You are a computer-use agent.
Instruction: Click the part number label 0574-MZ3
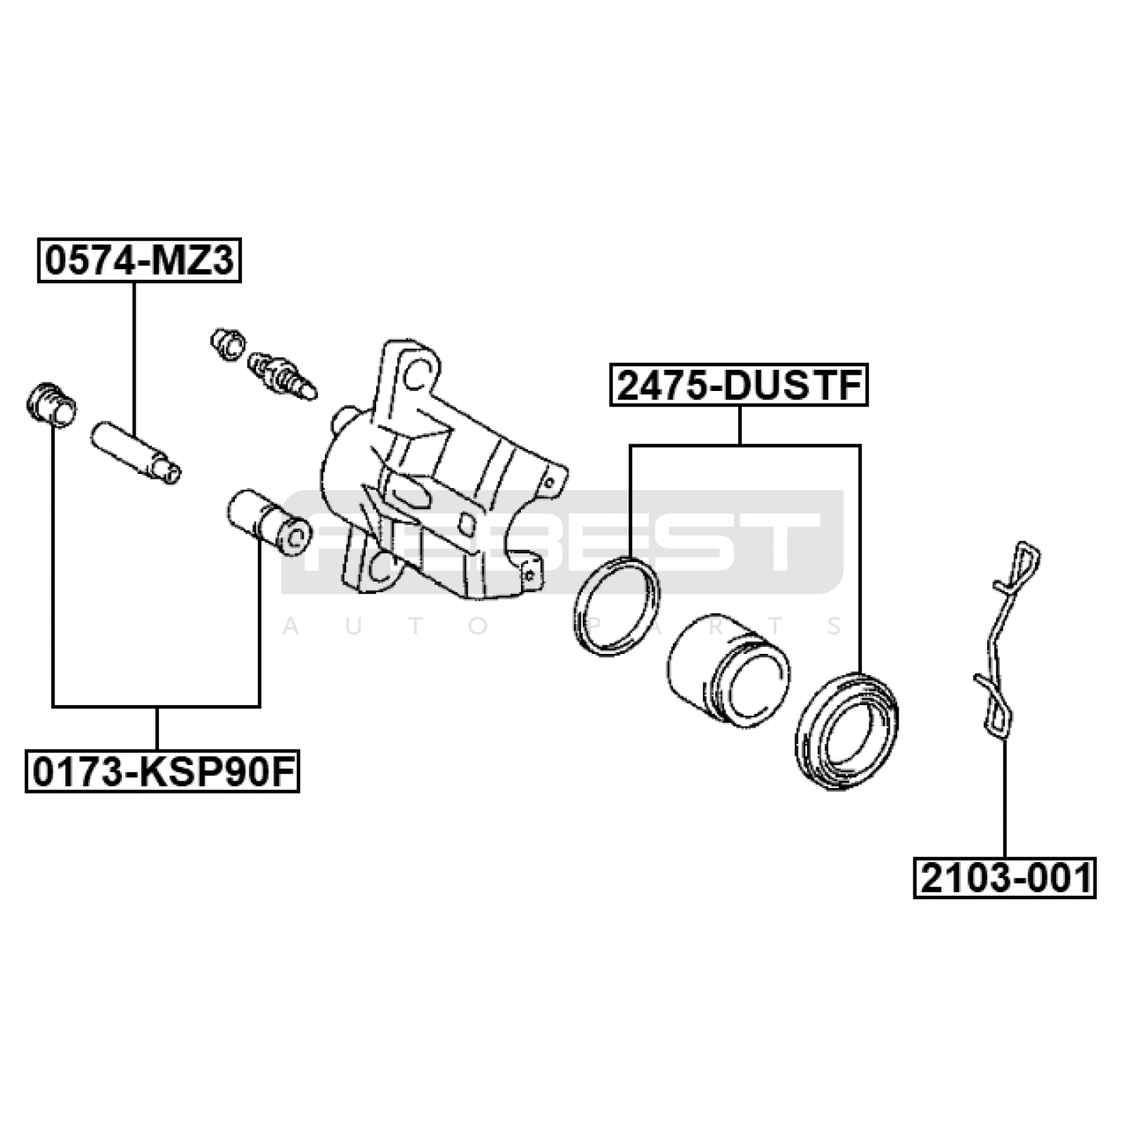pos(139,262)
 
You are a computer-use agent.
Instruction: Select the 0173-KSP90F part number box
pos(162,771)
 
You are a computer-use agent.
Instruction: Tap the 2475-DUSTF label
pos(739,385)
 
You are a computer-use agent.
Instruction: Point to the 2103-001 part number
pos(1005,877)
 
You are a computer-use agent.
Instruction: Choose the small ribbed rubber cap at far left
pos(51,404)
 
